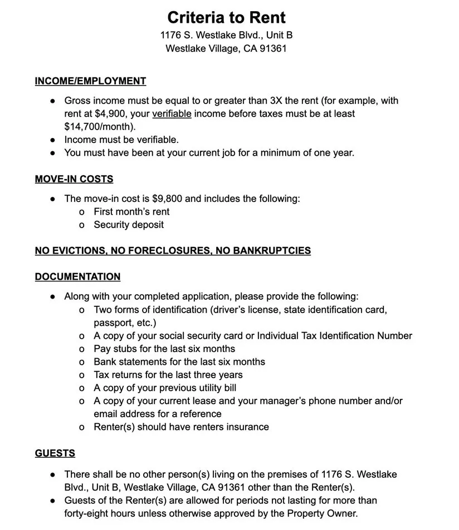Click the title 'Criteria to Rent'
(226, 17)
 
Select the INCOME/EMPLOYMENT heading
(90, 81)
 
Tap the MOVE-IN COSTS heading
(74, 179)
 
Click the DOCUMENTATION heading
(77, 277)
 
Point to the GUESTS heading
(55, 453)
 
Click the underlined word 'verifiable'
(172, 114)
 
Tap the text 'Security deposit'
(129, 225)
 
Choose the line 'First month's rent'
(131, 212)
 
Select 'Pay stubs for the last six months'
(164, 349)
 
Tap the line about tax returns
(168, 375)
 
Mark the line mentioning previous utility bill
(165, 388)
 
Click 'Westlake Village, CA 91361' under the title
(226, 48)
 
